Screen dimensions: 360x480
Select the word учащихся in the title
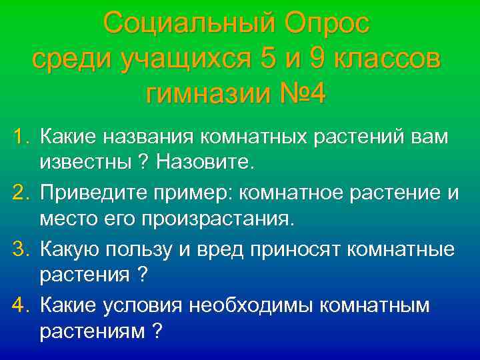tap(180, 60)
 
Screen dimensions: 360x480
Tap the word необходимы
tap(253, 305)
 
